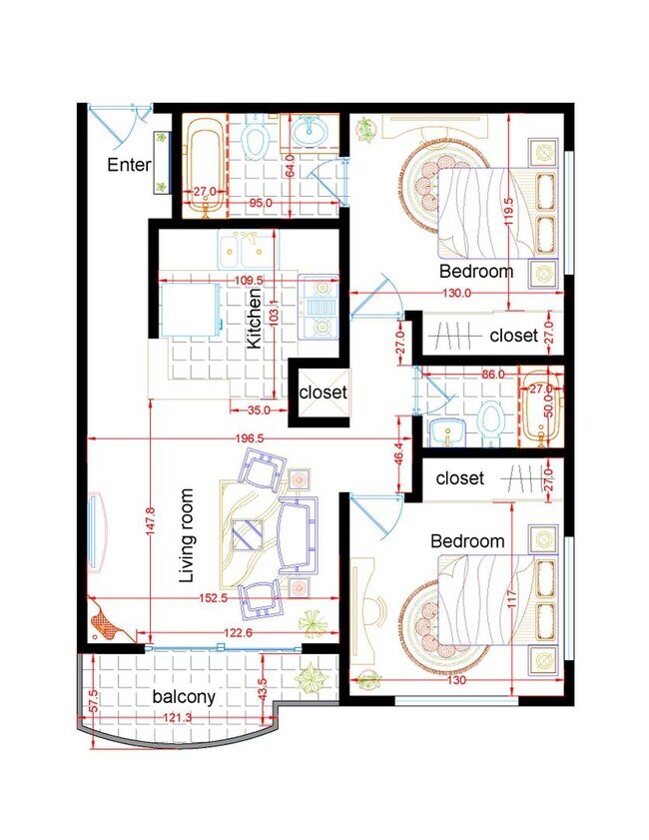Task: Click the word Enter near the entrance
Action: pyautogui.click(x=129, y=165)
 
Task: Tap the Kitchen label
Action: pyautogui.click(x=255, y=319)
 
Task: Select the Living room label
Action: pyautogui.click(x=187, y=535)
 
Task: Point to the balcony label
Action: pyautogui.click(x=184, y=697)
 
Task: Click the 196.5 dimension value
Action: pyautogui.click(x=250, y=438)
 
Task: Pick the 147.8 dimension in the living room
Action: pyautogui.click(x=151, y=520)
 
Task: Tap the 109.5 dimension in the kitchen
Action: pyautogui.click(x=249, y=281)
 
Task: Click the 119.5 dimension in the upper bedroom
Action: pyautogui.click(x=508, y=211)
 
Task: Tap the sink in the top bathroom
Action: pyautogui.click(x=309, y=131)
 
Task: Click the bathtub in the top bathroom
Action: pyautogui.click(x=204, y=167)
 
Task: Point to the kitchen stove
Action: pyautogui.click(x=319, y=307)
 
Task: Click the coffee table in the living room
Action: pyautogui.click(x=247, y=534)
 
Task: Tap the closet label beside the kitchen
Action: pyautogui.click(x=323, y=393)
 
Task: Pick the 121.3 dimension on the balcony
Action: pyautogui.click(x=178, y=717)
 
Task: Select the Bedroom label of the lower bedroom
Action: pyautogui.click(x=467, y=540)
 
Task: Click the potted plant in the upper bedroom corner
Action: pyautogui.click(x=366, y=129)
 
